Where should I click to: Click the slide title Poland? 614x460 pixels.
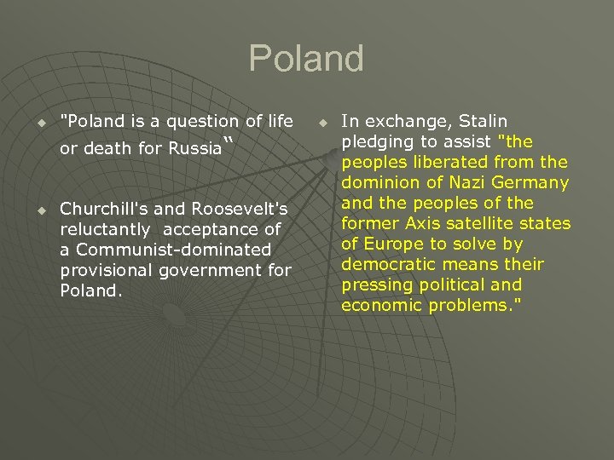[306, 59]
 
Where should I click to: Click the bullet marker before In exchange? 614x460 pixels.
[321, 122]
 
